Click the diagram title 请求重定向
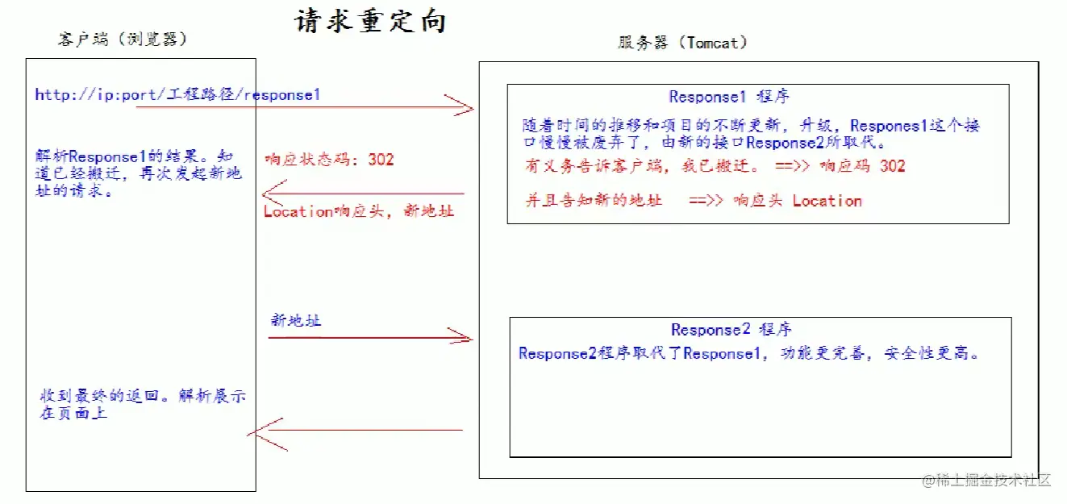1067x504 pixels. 370,21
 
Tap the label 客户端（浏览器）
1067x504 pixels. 123,40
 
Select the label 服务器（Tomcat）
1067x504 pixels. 682,43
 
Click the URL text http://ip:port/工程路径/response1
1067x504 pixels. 177,94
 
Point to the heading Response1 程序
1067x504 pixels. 729,97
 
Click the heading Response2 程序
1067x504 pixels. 731,329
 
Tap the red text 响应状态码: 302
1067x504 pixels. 329,159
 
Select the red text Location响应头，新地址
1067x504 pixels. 359,211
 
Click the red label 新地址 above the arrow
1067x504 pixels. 295,320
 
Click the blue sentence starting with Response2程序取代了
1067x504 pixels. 749,353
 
